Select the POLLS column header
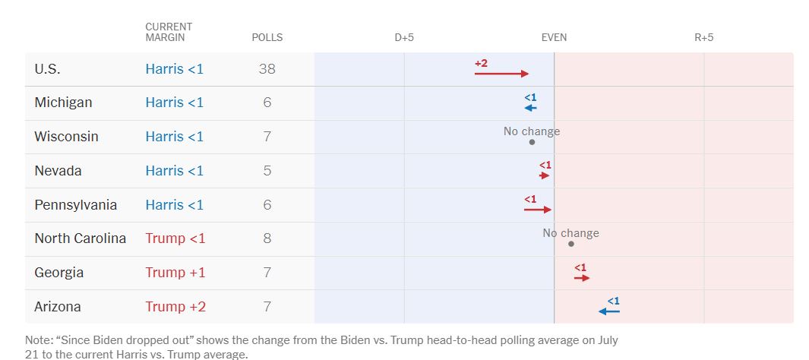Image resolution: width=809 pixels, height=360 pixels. click(267, 37)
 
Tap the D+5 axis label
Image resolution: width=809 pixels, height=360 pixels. click(404, 37)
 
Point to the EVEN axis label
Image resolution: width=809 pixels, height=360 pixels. click(554, 37)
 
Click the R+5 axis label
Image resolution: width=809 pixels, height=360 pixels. click(704, 37)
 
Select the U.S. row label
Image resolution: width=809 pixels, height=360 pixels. click(47, 69)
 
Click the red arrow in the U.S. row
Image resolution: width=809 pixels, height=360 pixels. click(501, 74)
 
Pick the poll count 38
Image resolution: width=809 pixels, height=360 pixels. click(267, 69)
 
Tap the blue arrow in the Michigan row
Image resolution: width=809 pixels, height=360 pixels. click(530, 108)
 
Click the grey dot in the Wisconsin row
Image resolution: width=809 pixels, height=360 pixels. click(532, 142)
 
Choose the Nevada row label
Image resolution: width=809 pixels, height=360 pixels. click(58, 171)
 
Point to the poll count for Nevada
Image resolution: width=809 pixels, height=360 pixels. click(267, 171)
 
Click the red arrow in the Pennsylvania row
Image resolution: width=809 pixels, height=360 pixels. click(537, 210)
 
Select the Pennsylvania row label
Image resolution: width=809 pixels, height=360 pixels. click(75, 205)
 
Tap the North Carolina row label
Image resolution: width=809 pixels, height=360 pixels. click(80, 238)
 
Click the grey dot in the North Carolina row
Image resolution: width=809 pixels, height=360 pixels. click(570, 244)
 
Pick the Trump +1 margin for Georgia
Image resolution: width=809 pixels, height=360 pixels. click(175, 273)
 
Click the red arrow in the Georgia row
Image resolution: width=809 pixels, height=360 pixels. click(582, 278)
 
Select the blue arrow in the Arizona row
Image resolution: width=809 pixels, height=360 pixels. click(609, 311)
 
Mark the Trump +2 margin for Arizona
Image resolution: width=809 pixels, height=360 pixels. click(175, 307)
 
